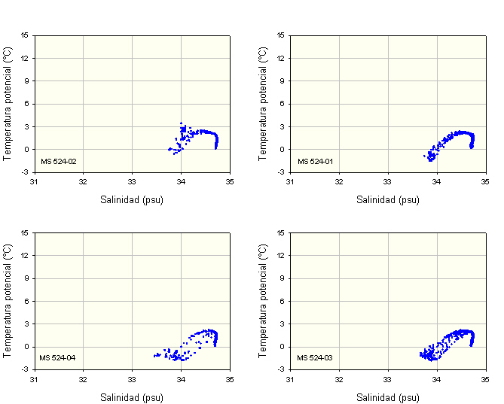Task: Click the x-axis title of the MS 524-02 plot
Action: click(132, 200)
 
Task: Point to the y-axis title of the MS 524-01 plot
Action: click(263, 103)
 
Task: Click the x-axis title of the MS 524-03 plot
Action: click(388, 397)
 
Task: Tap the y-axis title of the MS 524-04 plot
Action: click(8, 300)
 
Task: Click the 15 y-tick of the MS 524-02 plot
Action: click(25, 35)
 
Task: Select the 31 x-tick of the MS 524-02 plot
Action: click(34, 181)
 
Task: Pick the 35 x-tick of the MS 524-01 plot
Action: click(486, 181)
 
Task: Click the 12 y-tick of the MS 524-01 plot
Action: click(281, 58)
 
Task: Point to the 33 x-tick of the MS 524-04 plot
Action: click(132, 378)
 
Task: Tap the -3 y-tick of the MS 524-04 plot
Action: click(25, 369)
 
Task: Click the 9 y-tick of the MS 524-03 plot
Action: click(283, 278)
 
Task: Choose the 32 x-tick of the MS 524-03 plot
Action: click(339, 378)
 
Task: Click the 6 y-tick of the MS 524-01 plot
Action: click(283, 104)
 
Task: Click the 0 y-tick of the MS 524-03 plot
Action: click(283, 347)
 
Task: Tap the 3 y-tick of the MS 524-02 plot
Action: click(26, 126)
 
